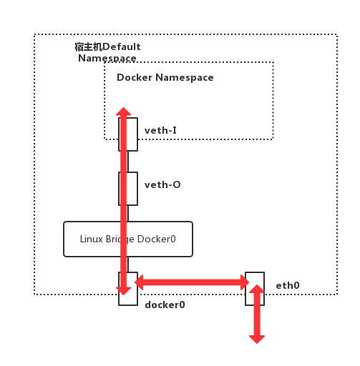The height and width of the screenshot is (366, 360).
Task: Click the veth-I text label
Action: (160, 130)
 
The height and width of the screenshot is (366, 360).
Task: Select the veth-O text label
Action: (162, 184)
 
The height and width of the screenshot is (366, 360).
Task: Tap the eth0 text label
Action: (288, 285)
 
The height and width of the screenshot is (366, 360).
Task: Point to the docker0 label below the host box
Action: (165, 305)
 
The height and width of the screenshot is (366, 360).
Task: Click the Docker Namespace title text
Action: (165, 77)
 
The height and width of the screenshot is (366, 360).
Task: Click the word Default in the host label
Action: (121, 47)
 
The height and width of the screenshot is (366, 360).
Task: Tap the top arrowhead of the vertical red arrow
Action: (124, 112)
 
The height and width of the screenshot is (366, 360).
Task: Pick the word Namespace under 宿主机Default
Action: (107, 58)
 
